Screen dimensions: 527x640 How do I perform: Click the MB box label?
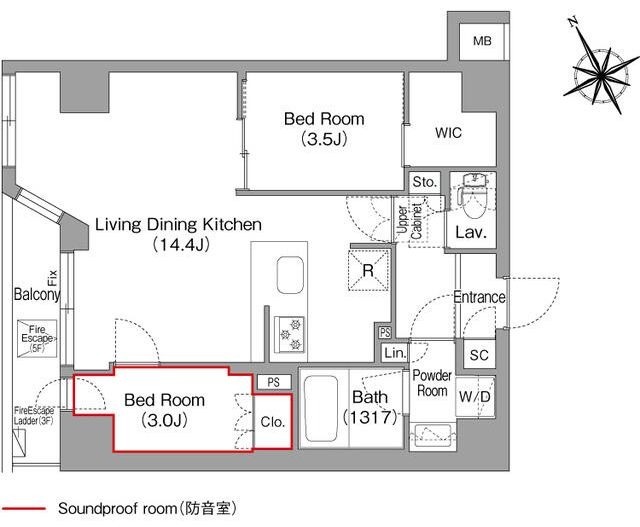point(483,41)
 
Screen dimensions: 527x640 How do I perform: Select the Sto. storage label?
point(424,183)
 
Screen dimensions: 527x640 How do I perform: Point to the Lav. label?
point(469,233)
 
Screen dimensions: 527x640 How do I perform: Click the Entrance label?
point(479,297)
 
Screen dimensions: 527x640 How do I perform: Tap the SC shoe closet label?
point(477,355)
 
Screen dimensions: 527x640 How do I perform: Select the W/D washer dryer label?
point(475,397)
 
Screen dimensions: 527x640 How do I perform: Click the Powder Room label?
point(432,383)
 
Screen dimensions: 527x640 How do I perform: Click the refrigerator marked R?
point(367,268)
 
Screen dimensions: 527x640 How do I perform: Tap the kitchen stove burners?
point(289,335)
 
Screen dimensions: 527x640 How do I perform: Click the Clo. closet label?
point(273,421)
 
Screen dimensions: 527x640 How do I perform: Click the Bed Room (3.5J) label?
point(324,129)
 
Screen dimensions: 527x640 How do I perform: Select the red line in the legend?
point(22,509)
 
